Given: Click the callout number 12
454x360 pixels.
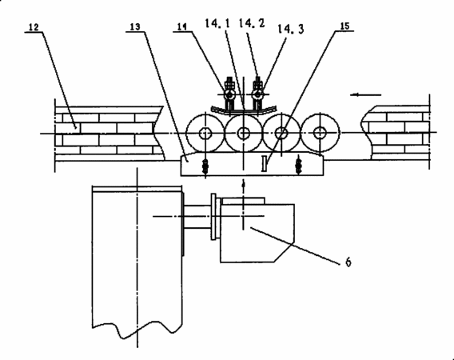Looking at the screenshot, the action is (34, 27).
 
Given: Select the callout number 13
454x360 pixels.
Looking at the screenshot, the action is (135, 27).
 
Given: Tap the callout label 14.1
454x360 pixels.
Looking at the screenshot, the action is (217, 23).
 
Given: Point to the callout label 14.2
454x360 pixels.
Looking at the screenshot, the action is (252, 23).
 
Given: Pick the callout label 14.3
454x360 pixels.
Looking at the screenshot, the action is (291, 29).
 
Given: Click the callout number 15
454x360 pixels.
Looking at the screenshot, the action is (344, 26).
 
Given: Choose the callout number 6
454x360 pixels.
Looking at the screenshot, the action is (348, 262).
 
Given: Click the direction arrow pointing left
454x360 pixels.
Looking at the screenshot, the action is (365, 94).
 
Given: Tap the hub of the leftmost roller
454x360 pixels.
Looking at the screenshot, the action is (205, 134).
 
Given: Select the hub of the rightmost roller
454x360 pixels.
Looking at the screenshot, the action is (320, 133).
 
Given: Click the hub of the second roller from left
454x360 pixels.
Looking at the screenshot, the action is (244, 133).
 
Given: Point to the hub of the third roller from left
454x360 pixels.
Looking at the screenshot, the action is (281, 133).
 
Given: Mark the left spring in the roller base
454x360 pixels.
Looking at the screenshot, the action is (205, 167).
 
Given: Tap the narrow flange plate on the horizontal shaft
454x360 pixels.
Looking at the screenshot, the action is (213, 217).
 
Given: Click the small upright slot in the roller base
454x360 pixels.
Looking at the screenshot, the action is (264, 163).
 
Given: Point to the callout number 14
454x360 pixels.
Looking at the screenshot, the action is (181, 27).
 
